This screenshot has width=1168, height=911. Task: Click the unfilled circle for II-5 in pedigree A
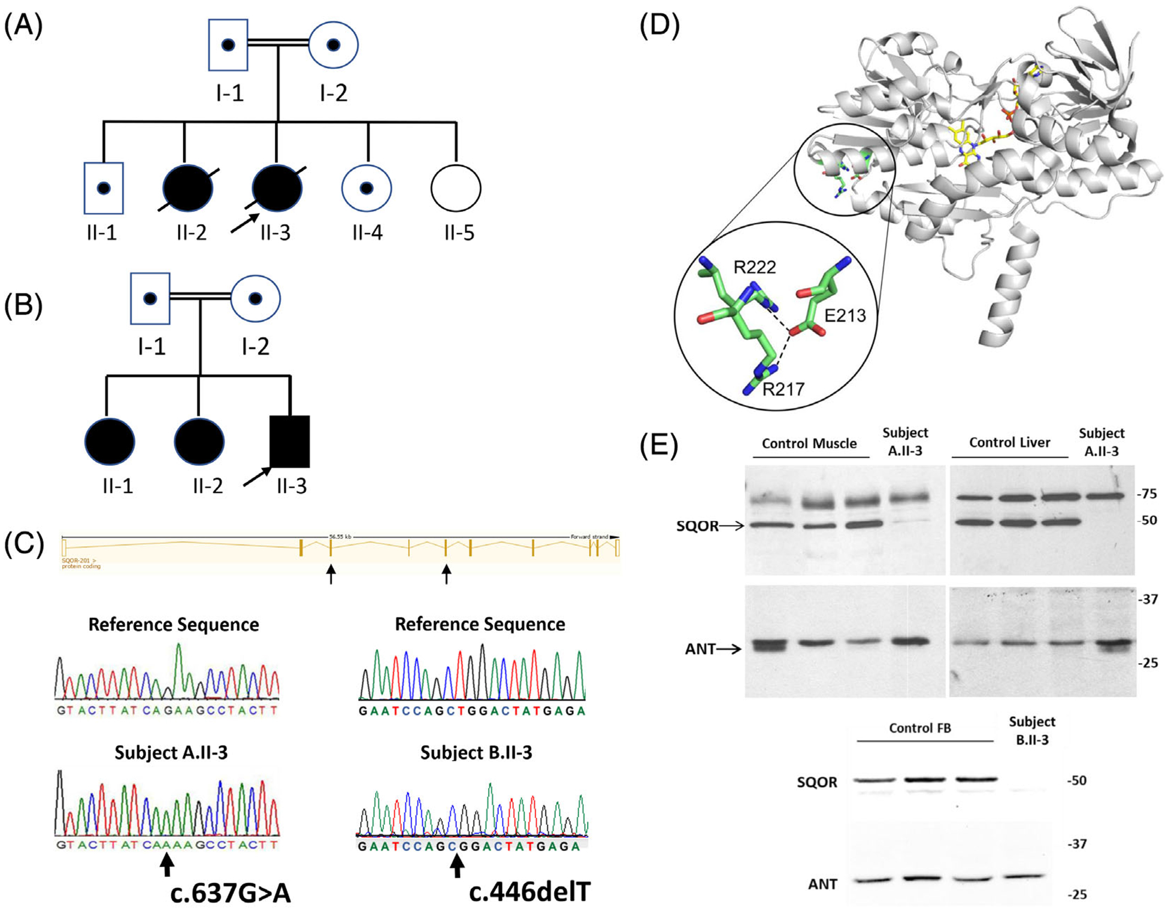[456, 188]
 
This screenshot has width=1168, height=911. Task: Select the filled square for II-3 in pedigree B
[290, 441]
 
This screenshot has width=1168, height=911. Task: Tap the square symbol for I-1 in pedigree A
[228, 45]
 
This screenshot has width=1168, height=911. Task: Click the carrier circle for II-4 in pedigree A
[367, 188]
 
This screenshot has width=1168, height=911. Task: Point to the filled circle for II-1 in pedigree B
[110, 441]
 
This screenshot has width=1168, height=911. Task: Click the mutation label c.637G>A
[231, 893]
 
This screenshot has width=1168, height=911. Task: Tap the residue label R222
[755, 267]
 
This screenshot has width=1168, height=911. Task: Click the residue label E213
[845, 315]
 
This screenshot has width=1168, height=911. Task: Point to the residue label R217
[783, 389]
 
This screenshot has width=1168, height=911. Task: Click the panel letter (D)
[659, 27]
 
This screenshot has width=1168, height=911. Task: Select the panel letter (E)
[659, 446]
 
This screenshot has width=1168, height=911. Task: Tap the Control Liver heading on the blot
[1009, 443]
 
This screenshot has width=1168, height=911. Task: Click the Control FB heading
[919, 728]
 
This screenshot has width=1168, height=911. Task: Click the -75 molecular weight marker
[1146, 494]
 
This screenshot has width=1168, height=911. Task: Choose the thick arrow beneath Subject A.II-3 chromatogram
[167, 865]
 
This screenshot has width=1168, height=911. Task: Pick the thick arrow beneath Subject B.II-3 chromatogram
[457, 865]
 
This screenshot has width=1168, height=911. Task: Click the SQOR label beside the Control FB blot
[817, 782]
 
